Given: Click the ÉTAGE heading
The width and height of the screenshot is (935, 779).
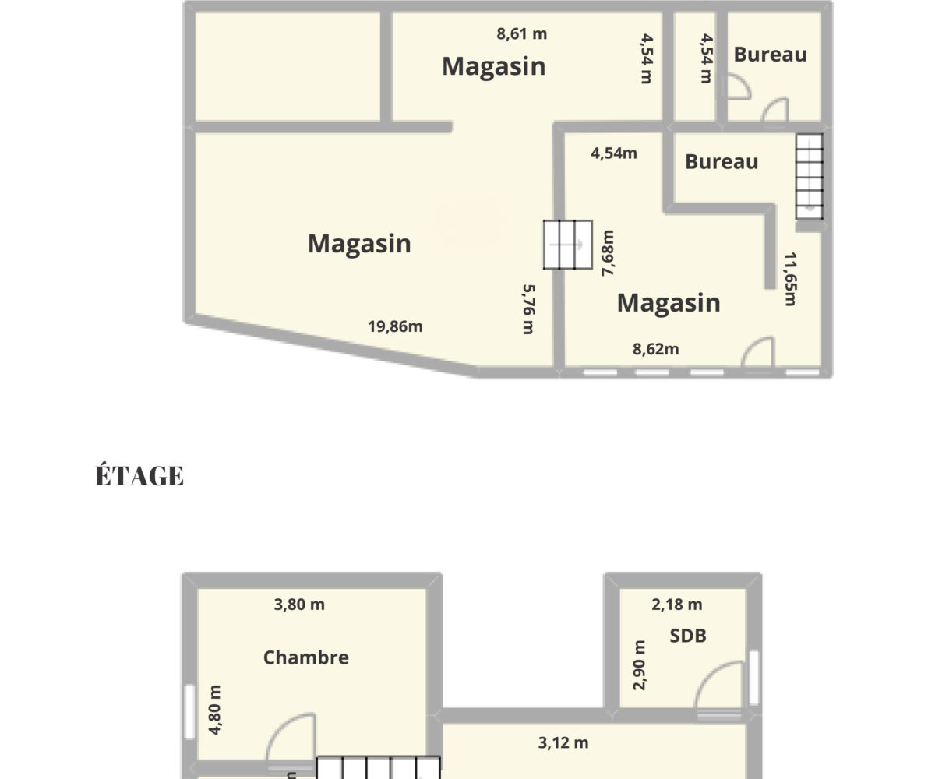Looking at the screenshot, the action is tap(139, 474).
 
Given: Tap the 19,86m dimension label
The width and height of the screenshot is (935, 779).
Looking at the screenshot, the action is tap(395, 327).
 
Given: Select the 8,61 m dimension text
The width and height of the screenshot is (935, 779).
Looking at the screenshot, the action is tap(522, 34).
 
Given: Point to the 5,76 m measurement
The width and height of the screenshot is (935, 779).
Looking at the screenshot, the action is tap(528, 309).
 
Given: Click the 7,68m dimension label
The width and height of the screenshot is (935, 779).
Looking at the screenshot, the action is tap(607, 253).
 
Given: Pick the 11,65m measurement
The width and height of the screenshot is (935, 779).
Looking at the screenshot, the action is tap(790, 280).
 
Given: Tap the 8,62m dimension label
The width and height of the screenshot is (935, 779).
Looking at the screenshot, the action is tap(655, 349).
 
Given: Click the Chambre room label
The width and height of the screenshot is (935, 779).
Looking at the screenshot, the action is tap(306, 657).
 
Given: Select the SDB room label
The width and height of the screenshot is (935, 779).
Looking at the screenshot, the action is tap(688, 636).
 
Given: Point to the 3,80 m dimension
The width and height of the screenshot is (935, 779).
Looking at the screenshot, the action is tap(299, 605).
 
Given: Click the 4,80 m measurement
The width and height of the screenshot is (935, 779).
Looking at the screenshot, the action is tap(214, 710).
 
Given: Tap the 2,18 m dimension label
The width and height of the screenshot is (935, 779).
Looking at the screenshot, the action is tap(676, 605).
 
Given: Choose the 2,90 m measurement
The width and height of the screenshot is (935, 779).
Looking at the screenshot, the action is tap(639, 665).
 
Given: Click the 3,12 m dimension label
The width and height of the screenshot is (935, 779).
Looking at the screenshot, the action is tap(563, 743).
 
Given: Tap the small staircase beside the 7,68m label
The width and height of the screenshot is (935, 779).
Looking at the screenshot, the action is tap(568, 245).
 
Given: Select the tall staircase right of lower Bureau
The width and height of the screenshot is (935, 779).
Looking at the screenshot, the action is tap(810, 176).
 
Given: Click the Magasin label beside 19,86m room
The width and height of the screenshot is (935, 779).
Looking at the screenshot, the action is tap(359, 244).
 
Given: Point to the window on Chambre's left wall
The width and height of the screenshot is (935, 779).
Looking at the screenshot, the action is tap(190, 712).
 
